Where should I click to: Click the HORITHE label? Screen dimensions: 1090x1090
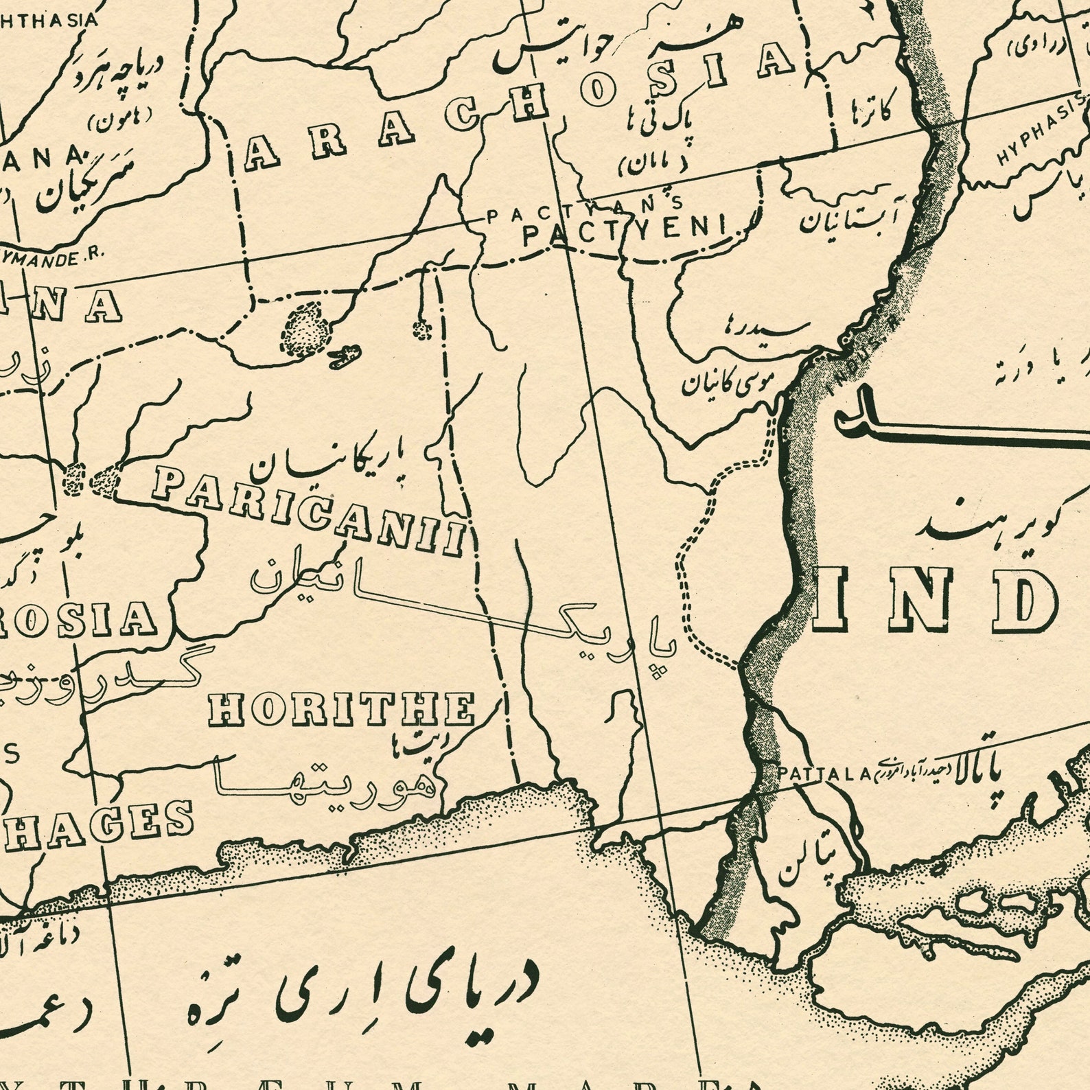(342, 709)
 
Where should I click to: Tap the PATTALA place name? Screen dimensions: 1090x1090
(823, 774)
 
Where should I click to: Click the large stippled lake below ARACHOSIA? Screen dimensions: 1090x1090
(306, 329)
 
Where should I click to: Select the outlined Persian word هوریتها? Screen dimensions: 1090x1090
(323, 779)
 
